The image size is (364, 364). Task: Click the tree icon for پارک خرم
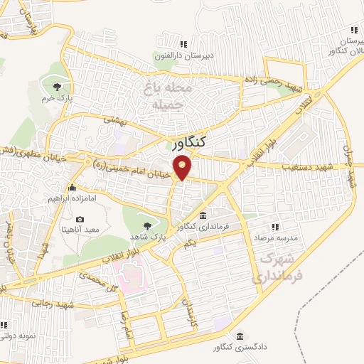point(55,87)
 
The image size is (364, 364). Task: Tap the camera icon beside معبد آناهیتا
point(80,219)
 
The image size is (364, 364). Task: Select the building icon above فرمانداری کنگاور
point(203,216)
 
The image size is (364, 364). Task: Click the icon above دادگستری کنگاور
point(240,336)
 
